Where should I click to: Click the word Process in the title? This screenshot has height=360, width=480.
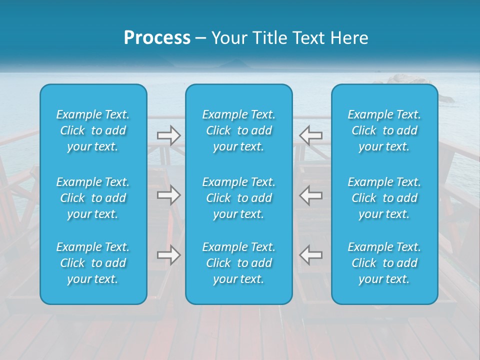coord(157,38)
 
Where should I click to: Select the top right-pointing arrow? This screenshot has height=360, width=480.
coord(168,135)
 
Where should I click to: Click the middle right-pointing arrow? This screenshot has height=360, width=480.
coord(168,195)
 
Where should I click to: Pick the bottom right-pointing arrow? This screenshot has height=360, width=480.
coord(168,255)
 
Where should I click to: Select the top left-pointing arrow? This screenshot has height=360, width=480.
coord(310,135)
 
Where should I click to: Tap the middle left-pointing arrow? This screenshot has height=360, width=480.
coord(310,195)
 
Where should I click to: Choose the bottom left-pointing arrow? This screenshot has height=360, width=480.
coord(310,255)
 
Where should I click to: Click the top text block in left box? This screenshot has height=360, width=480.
coord(93,130)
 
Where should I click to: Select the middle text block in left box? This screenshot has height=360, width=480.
coord(93,198)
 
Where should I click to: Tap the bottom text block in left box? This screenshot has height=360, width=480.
coord(93,263)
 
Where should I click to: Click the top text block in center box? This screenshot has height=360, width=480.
coord(238,130)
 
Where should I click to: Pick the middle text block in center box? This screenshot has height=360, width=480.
coord(238,198)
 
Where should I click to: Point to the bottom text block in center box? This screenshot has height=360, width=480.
coord(238,263)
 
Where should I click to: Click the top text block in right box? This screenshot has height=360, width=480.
coord(384,130)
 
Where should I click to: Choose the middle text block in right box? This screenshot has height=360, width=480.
coord(384,198)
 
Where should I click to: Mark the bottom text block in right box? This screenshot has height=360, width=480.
coord(384,263)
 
